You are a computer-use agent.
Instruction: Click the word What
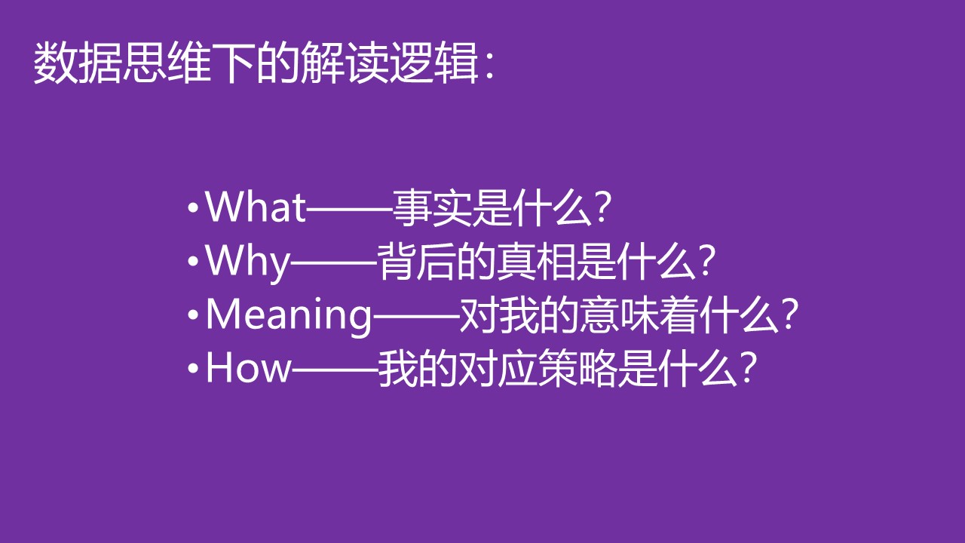coord(256,207)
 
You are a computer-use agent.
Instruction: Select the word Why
coord(248,262)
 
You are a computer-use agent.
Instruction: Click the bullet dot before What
coord(193,208)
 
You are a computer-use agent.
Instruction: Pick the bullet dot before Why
coord(193,262)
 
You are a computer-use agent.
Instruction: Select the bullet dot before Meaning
coord(193,315)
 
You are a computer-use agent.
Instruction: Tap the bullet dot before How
coord(193,369)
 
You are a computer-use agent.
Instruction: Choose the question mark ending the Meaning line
coord(790,314)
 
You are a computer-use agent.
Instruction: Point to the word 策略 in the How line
coord(578,368)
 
